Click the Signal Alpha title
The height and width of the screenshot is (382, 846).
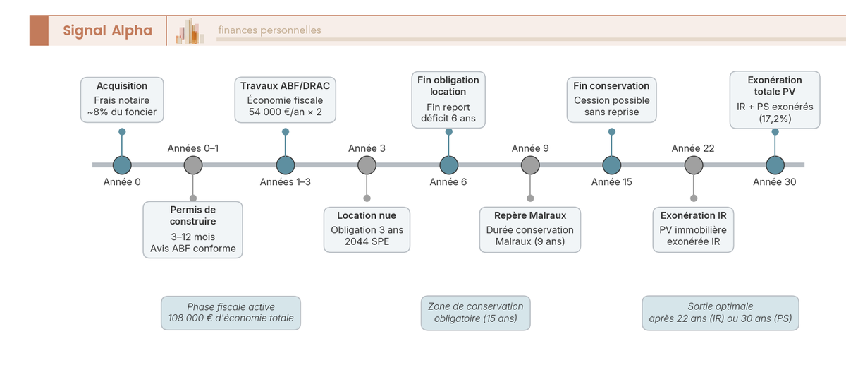pyautogui.click(x=107, y=30)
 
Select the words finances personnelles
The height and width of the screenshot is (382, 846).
pyautogui.click(x=269, y=30)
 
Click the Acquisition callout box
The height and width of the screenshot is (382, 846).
pyautogui.click(x=122, y=100)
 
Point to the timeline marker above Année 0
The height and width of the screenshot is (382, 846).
pyautogui.click(x=122, y=165)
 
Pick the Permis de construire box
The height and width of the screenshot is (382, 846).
pyautogui.click(x=192, y=229)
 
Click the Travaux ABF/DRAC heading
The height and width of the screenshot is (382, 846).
pyautogui.click(x=285, y=86)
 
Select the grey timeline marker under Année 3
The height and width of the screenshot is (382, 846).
pyautogui.click(x=367, y=165)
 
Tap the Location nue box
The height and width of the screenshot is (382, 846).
pyautogui.click(x=367, y=229)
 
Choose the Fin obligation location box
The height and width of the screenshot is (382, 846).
pyautogui.click(x=448, y=99)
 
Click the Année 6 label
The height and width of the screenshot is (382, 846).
pyautogui.click(x=448, y=182)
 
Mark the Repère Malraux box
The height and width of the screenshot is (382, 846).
pyautogui.click(x=530, y=229)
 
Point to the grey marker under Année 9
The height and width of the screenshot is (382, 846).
pyautogui.click(x=530, y=165)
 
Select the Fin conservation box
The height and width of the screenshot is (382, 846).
pyautogui.click(x=612, y=100)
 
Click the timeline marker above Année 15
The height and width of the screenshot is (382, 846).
pyautogui.click(x=612, y=165)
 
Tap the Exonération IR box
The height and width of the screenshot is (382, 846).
pyautogui.click(x=694, y=229)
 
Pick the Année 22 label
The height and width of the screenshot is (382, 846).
pyautogui.click(x=693, y=148)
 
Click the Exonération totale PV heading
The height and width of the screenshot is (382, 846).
pyautogui.click(x=775, y=86)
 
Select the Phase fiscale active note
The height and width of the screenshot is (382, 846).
pyautogui.click(x=231, y=313)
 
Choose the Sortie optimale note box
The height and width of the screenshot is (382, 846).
pyautogui.click(x=721, y=313)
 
